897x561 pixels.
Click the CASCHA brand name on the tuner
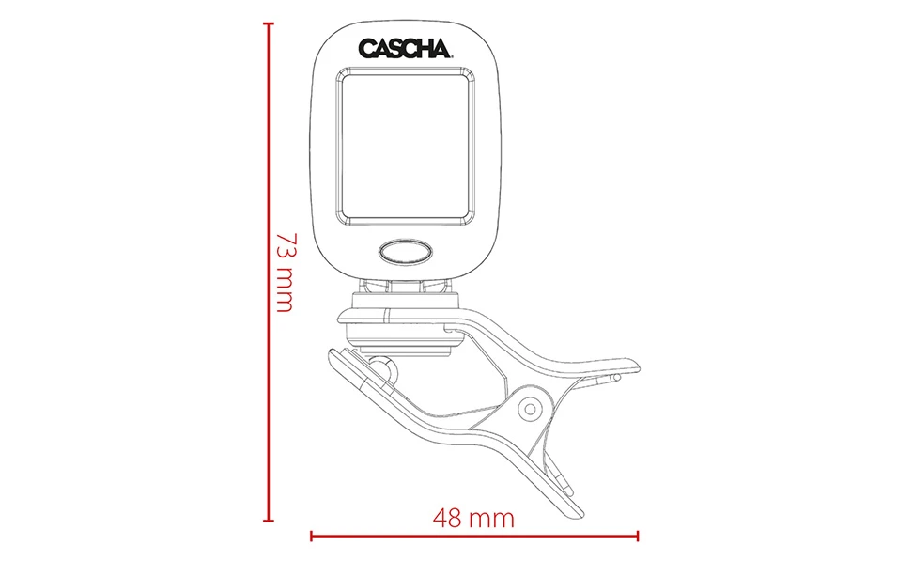click(406, 48)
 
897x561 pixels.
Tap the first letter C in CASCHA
click(366, 48)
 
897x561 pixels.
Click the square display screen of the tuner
click(406, 149)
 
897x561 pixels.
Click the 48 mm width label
click(473, 518)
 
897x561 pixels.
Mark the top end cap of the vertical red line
click(270, 23)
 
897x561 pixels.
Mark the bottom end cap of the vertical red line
click(270, 520)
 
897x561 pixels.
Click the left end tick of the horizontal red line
click(311, 537)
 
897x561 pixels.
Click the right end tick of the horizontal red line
click(638, 537)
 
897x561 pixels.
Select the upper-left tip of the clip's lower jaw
click(332, 353)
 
